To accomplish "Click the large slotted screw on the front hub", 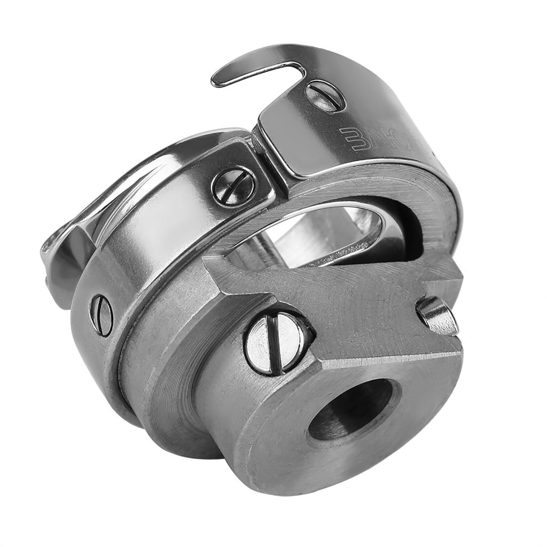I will point(277,342).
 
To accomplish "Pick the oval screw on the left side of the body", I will point(101,315).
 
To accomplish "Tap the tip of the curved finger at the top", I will point(216,82).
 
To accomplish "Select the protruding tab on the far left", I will point(56,262).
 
